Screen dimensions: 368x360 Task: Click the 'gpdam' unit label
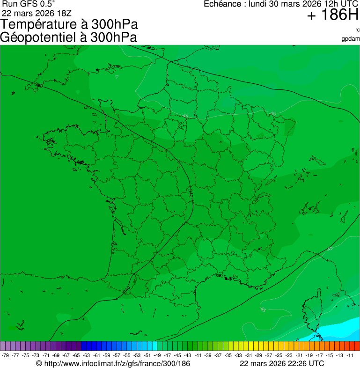(351, 39)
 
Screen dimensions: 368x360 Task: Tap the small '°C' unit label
(357, 30)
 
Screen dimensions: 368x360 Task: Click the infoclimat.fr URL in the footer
(117, 363)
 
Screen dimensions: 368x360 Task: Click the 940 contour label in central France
(191, 192)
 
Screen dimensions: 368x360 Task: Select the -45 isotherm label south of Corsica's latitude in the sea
(263, 310)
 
